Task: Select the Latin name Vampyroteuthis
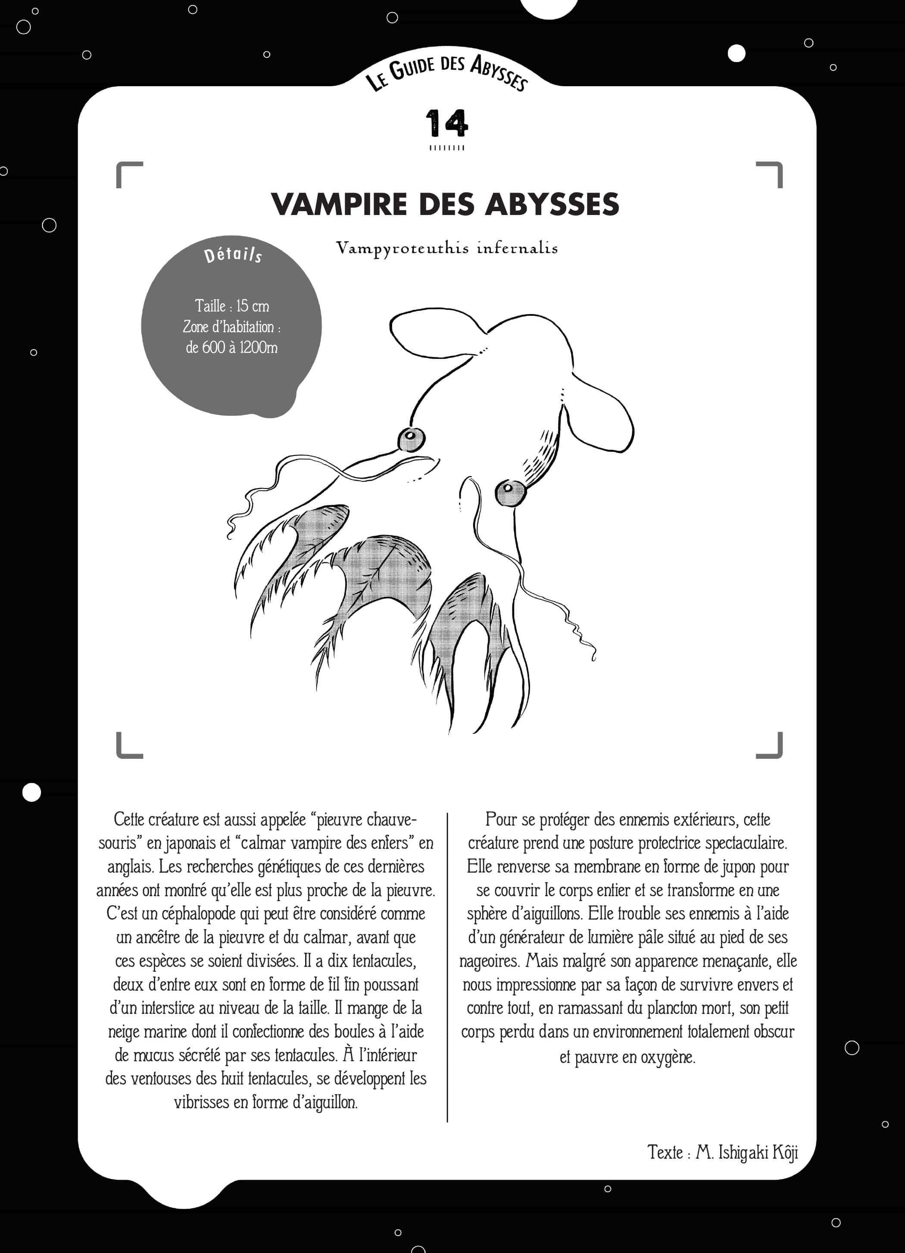(402, 248)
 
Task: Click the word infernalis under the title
(517, 248)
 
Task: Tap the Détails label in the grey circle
(233, 255)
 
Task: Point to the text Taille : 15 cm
(231, 305)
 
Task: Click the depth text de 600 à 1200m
(231, 347)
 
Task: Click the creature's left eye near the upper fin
(411, 439)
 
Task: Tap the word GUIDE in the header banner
(412, 69)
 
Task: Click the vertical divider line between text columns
(447, 967)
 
